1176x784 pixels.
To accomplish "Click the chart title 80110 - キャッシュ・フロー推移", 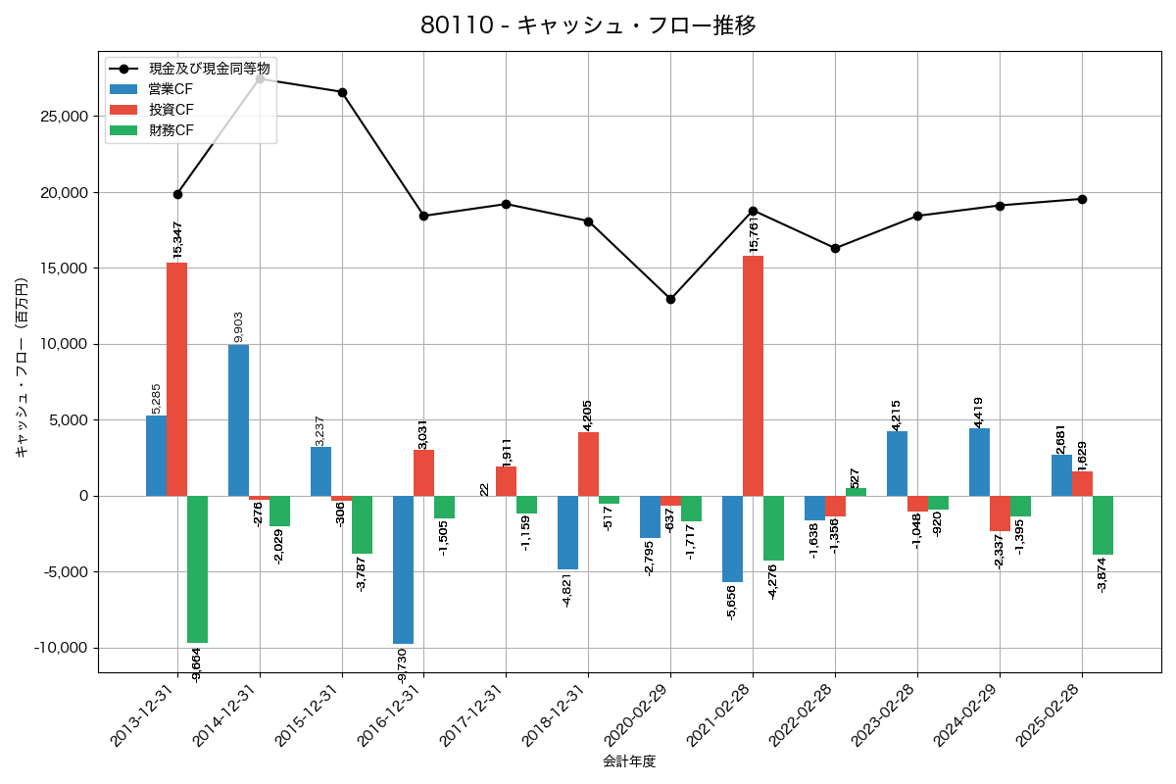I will click(x=588, y=25).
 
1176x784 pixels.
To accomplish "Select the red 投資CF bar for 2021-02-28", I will click(x=753, y=375).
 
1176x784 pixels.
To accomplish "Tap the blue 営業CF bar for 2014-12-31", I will click(x=238, y=420).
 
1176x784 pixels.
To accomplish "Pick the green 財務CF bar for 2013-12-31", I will click(x=197, y=569).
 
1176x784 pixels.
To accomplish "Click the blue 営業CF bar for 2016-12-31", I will click(x=403, y=569).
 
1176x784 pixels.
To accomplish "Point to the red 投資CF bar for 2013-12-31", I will click(x=176, y=379).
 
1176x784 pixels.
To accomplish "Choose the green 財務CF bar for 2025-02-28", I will click(x=1102, y=525).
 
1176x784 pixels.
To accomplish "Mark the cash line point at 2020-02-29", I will click(x=670, y=299).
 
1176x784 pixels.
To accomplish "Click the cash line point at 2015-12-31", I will click(x=342, y=92).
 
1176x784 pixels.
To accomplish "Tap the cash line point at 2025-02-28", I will click(x=1082, y=199).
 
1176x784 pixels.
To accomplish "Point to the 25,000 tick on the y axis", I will click(x=62, y=117).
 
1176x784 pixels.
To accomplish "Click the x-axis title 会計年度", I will click(x=629, y=760).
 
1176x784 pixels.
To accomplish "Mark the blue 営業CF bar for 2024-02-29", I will click(x=979, y=462).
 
